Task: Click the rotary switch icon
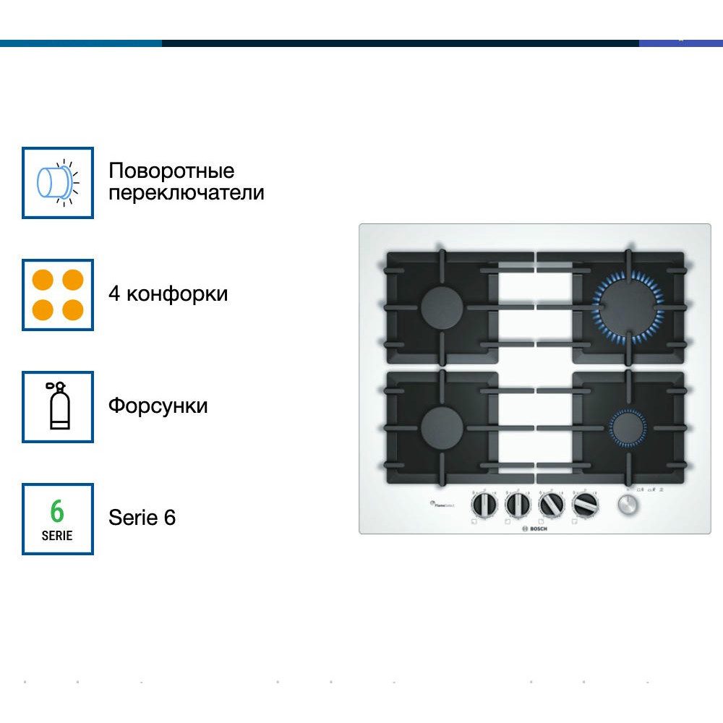[x=58, y=183]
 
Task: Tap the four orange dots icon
[x=58, y=295]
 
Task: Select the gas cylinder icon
[x=58, y=407]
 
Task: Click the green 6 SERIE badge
[x=58, y=519]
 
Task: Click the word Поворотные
[x=171, y=171]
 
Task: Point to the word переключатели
[x=186, y=194]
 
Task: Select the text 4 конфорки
[x=168, y=294]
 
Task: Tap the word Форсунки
[x=158, y=406]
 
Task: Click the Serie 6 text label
[x=142, y=518]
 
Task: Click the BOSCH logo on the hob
[x=534, y=529]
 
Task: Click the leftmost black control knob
[x=484, y=505]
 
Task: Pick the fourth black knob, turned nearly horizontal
[x=584, y=505]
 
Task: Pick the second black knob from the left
[x=518, y=505]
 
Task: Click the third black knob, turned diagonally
[x=552, y=505]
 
